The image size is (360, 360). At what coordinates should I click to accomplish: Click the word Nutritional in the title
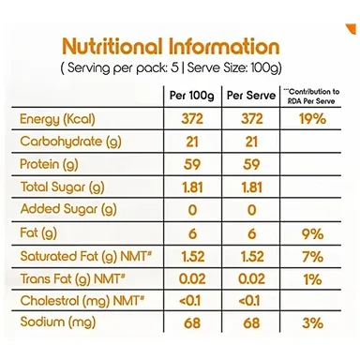pos(112,46)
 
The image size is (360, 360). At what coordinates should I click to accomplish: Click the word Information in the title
pos(224,46)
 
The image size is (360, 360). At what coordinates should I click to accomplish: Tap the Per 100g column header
pos(192,96)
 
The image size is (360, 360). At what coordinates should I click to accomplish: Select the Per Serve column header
pos(251,96)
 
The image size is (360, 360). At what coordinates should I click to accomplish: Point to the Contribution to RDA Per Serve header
pos(311,97)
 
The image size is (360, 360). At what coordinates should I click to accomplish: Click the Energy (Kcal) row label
pos(57,119)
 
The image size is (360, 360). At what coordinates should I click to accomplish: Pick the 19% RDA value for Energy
pos(312,119)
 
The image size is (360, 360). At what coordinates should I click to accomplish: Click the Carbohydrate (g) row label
pos(70,142)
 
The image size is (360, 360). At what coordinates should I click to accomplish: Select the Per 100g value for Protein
pos(191,164)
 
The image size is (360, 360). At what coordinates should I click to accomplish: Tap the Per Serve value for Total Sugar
pos(252,187)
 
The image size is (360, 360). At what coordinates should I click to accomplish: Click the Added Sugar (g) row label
pos(68,209)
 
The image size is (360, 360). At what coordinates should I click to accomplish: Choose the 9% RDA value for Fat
pos(312,234)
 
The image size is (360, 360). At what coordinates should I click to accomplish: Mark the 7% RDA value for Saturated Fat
pos(312,257)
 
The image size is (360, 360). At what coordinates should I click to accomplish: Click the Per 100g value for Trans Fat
pos(192,279)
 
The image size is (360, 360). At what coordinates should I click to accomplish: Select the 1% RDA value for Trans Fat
pos(312,279)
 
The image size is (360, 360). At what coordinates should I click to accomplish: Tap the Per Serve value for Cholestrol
pos(249,301)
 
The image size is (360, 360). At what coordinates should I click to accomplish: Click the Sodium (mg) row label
pos(58,322)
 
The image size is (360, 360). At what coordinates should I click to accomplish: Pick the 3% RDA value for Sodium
pos(312,322)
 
